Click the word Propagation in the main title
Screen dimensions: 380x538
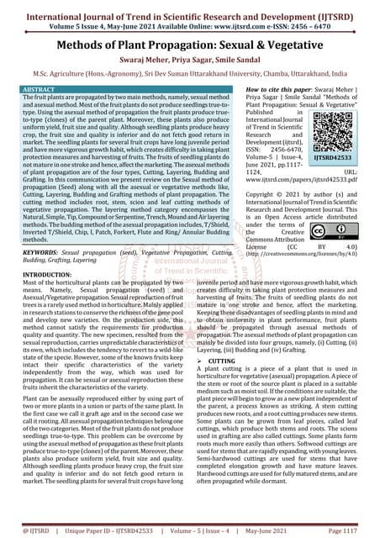[x=196, y=46]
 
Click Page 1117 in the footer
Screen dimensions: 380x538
[x=346, y=530]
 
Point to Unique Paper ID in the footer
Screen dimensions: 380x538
[x=91, y=530]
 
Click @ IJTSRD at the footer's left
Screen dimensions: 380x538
[x=28, y=530]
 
